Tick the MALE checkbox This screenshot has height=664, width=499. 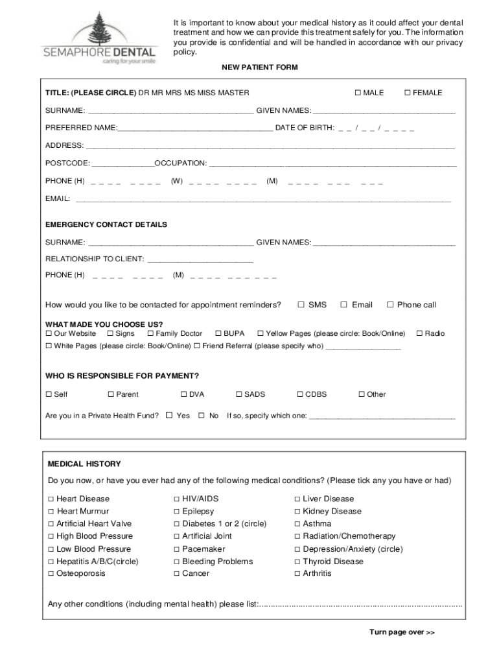tap(358, 93)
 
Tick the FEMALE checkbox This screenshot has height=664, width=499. tap(408, 93)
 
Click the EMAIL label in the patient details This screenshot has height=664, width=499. tap(58, 198)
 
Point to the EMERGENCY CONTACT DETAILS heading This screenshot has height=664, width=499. tap(106, 224)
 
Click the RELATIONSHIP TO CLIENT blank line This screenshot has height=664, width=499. tap(200, 259)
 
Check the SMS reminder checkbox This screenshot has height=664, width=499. tap(301, 305)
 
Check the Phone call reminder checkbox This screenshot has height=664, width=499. tap(390, 305)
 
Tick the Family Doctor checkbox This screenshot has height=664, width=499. tap(150, 333)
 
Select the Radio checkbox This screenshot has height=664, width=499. tap(419, 333)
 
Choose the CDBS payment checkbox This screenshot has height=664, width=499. tap(300, 394)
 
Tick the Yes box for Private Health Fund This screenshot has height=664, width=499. tap(169, 416)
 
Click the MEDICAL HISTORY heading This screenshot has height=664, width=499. tap(84, 464)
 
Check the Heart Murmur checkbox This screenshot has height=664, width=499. tap(51, 512)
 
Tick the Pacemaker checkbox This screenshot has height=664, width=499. tap(177, 549)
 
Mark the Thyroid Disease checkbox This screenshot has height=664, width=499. tap(297, 562)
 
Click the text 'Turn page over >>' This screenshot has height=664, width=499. tap(402, 632)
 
